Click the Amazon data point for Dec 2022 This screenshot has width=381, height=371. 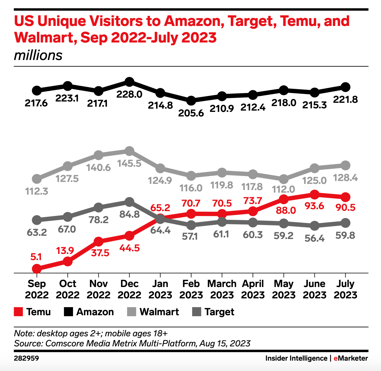pyautogui.click(x=129, y=82)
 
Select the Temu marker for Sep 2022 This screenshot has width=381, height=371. pyautogui.click(x=37, y=269)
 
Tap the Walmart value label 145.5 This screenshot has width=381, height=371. pyautogui.click(x=129, y=163)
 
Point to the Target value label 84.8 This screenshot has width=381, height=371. pyautogui.click(x=129, y=214)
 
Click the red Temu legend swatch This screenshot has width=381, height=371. pyautogui.click(x=18, y=312)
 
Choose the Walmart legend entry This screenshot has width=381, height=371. pyautogui.click(x=159, y=312)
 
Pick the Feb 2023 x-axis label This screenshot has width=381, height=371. pyautogui.click(x=191, y=289)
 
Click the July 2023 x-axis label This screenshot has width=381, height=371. pyautogui.click(x=346, y=289)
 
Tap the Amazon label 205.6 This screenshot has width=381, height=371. pyautogui.click(x=191, y=113)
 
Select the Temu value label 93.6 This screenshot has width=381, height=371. pyautogui.click(x=314, y=206)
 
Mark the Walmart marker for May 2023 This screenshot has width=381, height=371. pyautogui.click(x=284, y=179)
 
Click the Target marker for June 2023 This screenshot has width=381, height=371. pyautogui.click(x=314, y=226)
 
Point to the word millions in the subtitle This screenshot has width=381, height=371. pyautogui.click(x=38, y=55)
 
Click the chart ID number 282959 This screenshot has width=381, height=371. pyautogui.click(x=26, y=358)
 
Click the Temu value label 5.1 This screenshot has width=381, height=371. pyautogui.click(x=36, y=257)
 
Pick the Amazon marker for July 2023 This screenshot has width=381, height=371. pyautogui.click(x=346, y=87)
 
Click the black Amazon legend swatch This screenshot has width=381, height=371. pyautogui.click(x=68, y=312)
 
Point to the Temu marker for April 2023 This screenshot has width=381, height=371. pyautogui.click(x=253, y=211)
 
